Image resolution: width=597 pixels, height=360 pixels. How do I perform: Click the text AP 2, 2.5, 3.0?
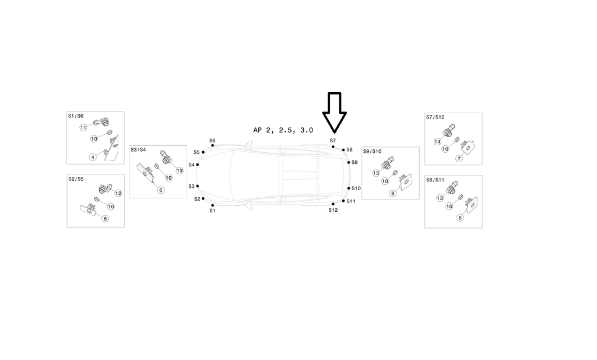click(283, 131)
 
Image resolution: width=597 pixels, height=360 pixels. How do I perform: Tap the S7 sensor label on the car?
click(333, 141)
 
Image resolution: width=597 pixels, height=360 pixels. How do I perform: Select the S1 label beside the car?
click(212, 211)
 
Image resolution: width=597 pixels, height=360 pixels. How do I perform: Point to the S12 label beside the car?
click(333, 210)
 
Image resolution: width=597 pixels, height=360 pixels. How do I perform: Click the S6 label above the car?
click(212, 141)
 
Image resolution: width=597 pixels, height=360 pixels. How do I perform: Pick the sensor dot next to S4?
click(198, 165)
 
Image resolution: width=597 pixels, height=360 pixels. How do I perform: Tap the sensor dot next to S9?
click(349, 163)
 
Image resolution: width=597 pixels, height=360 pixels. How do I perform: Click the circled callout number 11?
click(83, 128)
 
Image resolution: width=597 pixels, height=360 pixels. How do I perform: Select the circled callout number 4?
click(93, 157)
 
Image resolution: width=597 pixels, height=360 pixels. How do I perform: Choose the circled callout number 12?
click(118, 193)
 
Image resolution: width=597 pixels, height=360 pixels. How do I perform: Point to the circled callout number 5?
click(106, 219)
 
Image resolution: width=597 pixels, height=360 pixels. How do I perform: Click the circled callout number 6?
click(160, 190)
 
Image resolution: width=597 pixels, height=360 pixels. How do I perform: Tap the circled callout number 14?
click(437, 142)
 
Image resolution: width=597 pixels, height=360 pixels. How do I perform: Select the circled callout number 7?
click(459, 158)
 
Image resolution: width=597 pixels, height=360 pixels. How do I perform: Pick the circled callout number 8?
click(459, 218)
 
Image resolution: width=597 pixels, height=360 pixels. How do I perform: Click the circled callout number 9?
click(393, 193)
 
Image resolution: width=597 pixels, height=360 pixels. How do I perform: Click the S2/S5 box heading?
click(76, 179)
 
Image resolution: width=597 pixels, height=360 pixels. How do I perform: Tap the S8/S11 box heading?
click(435, 180)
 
